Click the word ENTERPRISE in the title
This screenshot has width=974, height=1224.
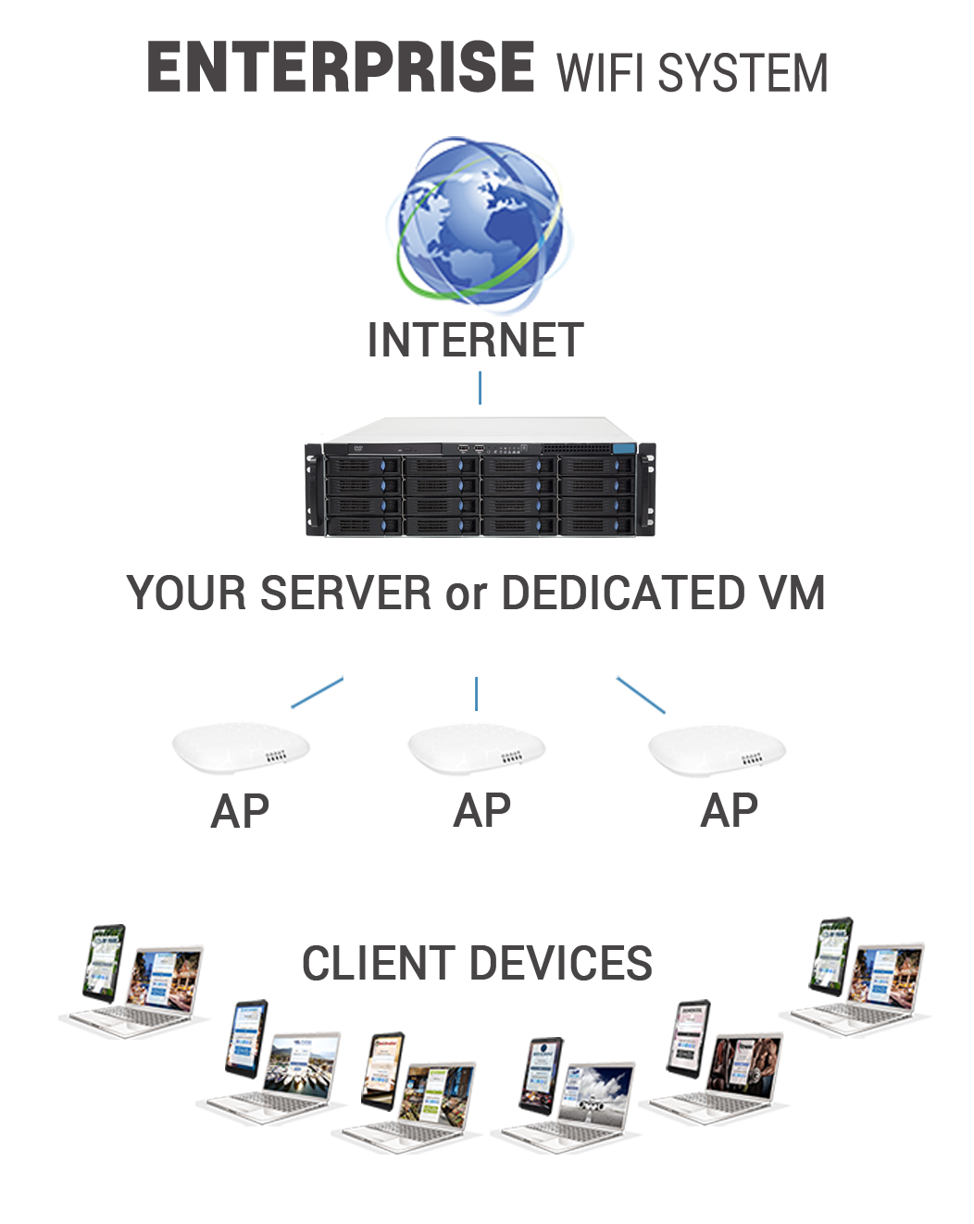[x=340, y=68]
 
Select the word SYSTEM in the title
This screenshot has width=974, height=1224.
[x=743, y=73]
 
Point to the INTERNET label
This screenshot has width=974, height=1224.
[x=475, y=340]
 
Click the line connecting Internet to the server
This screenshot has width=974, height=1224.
[x=480, y=388]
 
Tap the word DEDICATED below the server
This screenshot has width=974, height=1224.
[x=622, y=593]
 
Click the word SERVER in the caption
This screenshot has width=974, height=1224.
[x=345, y=593]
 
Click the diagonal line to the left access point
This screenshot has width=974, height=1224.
[x=318, y=692]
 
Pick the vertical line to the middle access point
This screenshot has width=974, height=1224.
[x=476, y=693]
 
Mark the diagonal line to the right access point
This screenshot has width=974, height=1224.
[x=641, y=694]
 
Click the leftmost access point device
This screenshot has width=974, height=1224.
[x=241, y=748]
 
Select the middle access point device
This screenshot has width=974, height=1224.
[x=477, y=748]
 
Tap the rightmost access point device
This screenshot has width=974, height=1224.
[x=717, y=749]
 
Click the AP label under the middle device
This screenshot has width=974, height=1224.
[x=481, y=812]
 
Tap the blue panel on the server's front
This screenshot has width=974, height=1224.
[x=623, y=449]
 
